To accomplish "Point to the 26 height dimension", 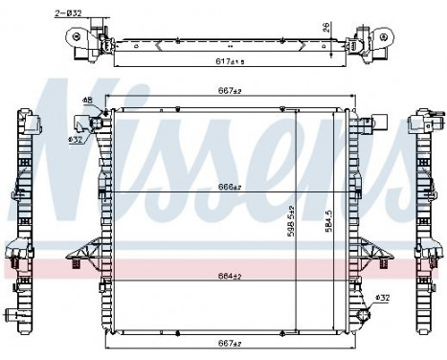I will (327, 27).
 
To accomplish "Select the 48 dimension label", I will (87, 101).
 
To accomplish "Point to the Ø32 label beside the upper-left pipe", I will (73, 139).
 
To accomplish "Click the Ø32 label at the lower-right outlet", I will (382, 297).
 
